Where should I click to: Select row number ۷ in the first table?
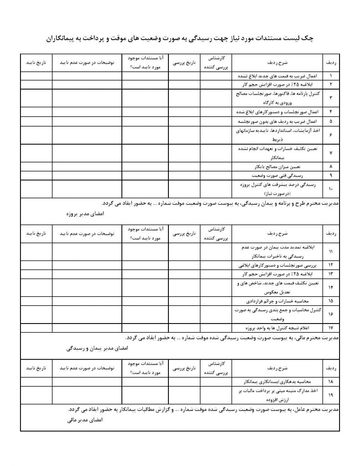point(330,153)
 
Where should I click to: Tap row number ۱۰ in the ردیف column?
point(330,188)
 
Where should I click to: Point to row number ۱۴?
point(330,288)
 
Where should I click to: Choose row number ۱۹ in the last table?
point(330,395)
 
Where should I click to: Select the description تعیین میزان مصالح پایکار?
point(273,167)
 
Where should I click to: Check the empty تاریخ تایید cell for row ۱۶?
point(36,314)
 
